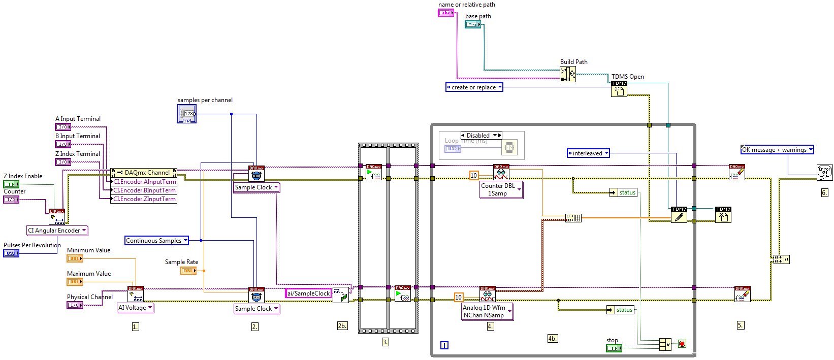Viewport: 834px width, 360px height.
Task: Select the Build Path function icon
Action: (568, 74)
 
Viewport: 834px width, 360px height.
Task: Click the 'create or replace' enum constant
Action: (474, 87)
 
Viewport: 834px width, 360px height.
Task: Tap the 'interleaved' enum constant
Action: (588, 153)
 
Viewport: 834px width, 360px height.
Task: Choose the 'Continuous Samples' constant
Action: (156, 241)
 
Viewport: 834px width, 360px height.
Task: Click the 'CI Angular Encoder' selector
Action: (57, 231)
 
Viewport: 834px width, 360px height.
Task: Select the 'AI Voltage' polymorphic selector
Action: (135, 308)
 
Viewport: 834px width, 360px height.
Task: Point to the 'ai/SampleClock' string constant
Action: (308, 293)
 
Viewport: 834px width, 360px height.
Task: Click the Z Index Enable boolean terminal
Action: (11, 184)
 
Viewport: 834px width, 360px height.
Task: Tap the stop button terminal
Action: (614, 348)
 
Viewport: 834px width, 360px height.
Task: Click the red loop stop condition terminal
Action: (682, 344)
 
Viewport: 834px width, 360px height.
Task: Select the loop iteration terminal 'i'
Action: (444, 345)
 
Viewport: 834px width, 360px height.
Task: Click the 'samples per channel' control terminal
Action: (186, 114)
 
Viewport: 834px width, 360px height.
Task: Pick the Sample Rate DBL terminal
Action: (188, 271)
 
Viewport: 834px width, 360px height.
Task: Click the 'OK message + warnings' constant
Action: (777, 150)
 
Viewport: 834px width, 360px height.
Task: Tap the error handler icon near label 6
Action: (824, 172)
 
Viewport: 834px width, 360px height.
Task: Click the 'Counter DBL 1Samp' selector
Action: (501, 189)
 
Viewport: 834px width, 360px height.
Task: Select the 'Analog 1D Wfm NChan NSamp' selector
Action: (487, 311)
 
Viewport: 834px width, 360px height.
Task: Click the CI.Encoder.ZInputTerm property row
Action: (144, 199)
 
